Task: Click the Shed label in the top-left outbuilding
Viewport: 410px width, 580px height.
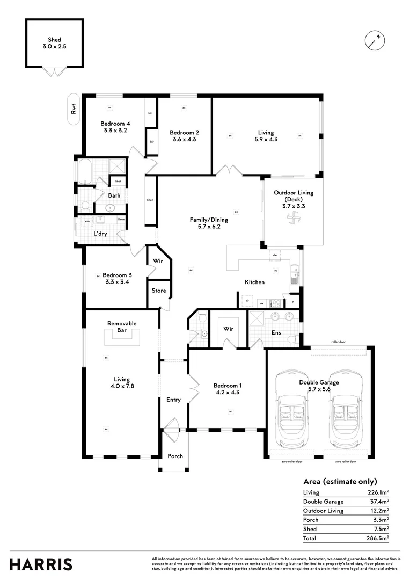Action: [54, 40]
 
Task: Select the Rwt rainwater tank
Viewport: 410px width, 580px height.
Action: [73, 109]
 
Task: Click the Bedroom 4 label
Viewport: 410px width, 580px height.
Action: [115, 124]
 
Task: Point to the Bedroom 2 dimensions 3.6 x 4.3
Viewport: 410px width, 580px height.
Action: [184, 140]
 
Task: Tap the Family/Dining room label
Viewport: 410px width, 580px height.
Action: [209, 220]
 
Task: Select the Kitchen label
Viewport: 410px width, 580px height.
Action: [254, 282]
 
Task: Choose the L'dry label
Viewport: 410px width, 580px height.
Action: [101, 234]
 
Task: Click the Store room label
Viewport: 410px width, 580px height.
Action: [159, 291]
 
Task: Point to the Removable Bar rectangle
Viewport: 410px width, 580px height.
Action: [122, 337]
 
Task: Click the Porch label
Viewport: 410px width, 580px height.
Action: [175, 456]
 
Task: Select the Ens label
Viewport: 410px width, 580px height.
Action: [276, 333]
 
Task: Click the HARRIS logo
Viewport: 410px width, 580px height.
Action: [41, 564]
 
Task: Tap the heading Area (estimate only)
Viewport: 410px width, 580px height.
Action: [340, 481]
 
